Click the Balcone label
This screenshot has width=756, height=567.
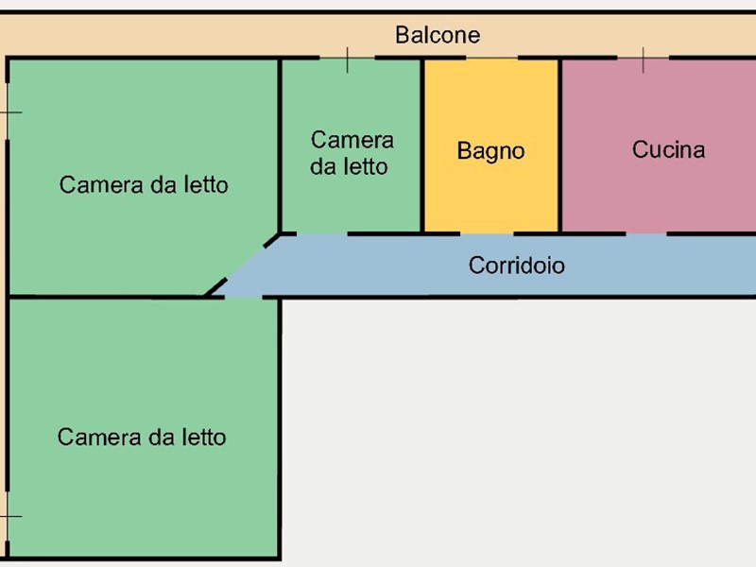[x=438, y=36]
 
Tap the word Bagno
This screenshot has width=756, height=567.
[x=490, y=151]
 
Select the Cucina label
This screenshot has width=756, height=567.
[x=668, y=149]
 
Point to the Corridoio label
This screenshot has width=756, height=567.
[x=517, y=266]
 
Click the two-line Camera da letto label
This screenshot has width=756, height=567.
[x=352, y=153]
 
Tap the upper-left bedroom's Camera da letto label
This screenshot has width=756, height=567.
[x=144, y=184]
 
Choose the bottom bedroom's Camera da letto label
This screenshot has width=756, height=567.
[x=142, y=438]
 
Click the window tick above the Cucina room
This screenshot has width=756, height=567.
[x=644, y=60]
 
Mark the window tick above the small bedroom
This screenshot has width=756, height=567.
[x=347, y=60]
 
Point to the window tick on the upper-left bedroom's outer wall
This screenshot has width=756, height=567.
[x=9, y=112]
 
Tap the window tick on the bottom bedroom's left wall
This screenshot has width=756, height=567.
[x=9, y=517]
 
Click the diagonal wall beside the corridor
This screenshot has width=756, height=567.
[x=244, y=264]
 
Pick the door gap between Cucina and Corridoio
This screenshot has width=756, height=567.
[x=648, y=232]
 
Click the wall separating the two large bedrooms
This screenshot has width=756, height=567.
[x=104, y=297]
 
